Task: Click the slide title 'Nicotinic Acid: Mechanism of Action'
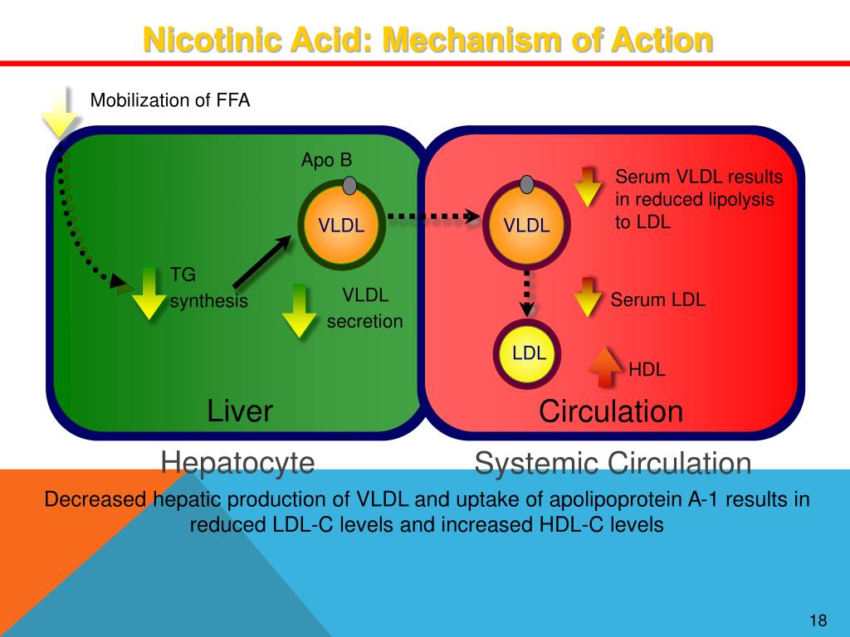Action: coord(427,39)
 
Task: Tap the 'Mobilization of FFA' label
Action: coord(169,100)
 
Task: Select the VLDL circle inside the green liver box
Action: coord(342,224)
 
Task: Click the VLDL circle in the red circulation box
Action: coord(526,224)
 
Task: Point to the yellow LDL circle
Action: coord(529,353)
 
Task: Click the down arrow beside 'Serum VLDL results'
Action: coord(588,187)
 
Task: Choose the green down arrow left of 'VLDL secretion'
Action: coord(299,310)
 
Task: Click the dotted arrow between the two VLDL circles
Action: coord(434,217)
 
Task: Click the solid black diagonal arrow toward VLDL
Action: coord(261,262)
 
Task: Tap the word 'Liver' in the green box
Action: coord(240,411)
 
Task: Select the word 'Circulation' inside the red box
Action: coord(611,411)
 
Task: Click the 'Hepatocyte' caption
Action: coord(237,462)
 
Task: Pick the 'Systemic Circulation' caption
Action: coord(613,464)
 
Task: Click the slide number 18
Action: coord(818,621)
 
